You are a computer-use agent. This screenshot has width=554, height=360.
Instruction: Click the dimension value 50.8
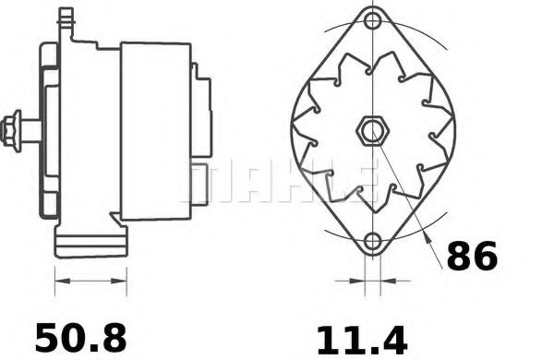(81, 337)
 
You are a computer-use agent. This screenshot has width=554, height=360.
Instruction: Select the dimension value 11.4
(361, 339)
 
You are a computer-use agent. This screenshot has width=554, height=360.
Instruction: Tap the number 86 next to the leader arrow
(471, 256)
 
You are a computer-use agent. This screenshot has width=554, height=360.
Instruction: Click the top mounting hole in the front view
(372, 20)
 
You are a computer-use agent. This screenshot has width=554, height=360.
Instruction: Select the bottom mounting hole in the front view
(372, 243)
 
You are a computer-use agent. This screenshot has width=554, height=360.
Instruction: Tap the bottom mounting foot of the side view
(90, 244)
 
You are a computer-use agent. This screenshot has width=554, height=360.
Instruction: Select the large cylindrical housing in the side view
(155, 130)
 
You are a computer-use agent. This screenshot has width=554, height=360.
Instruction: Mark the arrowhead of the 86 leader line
(431, 242)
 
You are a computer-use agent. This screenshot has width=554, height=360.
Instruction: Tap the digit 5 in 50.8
(49, 337)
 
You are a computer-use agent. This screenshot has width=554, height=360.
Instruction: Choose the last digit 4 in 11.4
(393, 339)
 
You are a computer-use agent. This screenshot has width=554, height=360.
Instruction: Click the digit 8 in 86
(458, 256)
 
